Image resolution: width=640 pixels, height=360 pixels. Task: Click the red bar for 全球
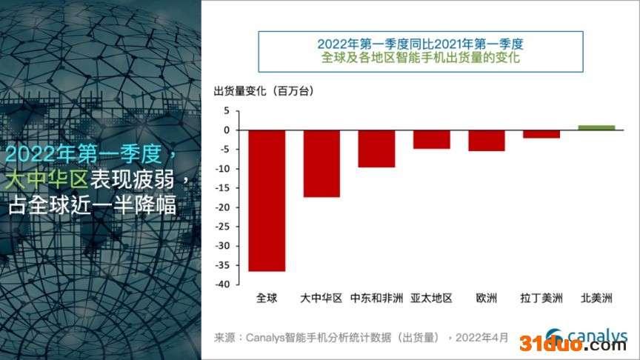click(x=267, y=200)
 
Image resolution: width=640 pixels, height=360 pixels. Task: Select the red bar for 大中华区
click(x=321, y=163)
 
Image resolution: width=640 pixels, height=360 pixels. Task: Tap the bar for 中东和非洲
click(x=376, y=148)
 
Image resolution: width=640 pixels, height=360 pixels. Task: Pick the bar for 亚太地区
click(x=431, y=139)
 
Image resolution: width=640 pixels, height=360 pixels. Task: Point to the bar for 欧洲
click(x=486, y=141)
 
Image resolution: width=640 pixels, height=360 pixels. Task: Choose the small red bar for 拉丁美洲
click(x=541, y=134)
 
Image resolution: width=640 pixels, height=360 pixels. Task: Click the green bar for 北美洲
click(x=596, y=127)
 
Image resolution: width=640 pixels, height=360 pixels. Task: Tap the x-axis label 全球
click(x=267, y=299)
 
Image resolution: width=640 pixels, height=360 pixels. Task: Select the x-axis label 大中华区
click(x=321, y=299)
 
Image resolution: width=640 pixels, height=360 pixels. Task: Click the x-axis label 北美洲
click(x=596, y=299)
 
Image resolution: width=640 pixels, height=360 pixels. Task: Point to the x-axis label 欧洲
click(x=486, y=299)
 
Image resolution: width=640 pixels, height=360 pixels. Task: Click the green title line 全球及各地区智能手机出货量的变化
click(x=420, y=56)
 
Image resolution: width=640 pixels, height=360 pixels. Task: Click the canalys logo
click(x=586, y=335)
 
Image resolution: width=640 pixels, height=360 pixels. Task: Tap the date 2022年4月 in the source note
click(x=482, y=338)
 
